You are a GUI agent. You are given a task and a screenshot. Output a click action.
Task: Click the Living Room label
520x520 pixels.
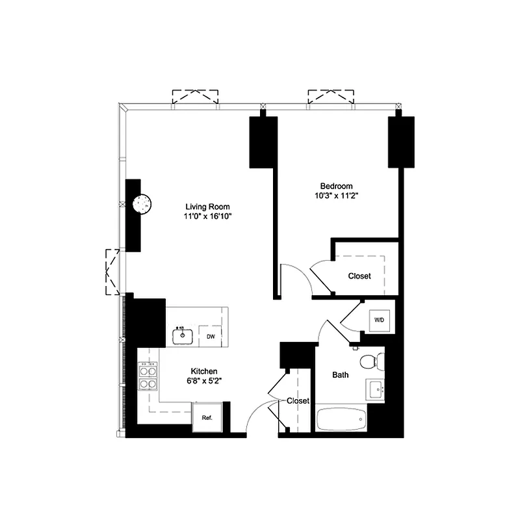[208, 207]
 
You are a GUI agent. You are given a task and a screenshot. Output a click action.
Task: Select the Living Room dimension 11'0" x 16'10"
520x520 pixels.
[208, 218]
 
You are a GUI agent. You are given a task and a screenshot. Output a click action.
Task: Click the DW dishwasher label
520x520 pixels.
[211, 336]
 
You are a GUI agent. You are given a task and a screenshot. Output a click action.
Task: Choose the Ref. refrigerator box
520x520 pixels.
[207, 417]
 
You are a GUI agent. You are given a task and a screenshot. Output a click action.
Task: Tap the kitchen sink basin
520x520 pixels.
[183, 336]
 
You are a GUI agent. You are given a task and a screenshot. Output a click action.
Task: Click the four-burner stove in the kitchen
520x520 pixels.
[148, 377]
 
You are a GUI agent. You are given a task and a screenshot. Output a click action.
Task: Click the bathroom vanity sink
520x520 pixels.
[376, 390]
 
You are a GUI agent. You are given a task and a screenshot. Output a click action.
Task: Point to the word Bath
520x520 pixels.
[341, 375]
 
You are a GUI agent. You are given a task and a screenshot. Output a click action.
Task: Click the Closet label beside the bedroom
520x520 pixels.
[359, 276]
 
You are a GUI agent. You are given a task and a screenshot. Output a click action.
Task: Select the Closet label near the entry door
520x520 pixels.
[298, 401]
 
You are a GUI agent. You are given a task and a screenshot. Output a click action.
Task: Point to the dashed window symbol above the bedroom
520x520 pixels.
[331, 96]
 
